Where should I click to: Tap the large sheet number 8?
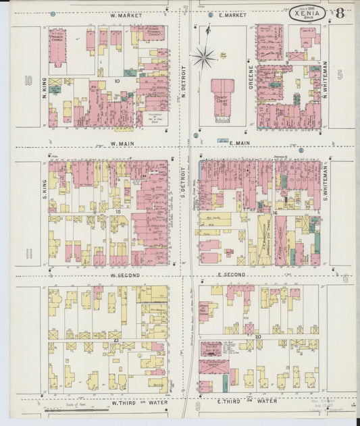pyautogui.click(x=339, y=13)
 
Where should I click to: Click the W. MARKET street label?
pyautogui.click(x=124, y=15)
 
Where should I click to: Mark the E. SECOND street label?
pyautogui.click(x=231, y=275)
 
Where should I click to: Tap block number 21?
pyautogui.click(x=117, y=339)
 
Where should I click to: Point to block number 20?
pyautogui.click(x=258, y=336)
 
